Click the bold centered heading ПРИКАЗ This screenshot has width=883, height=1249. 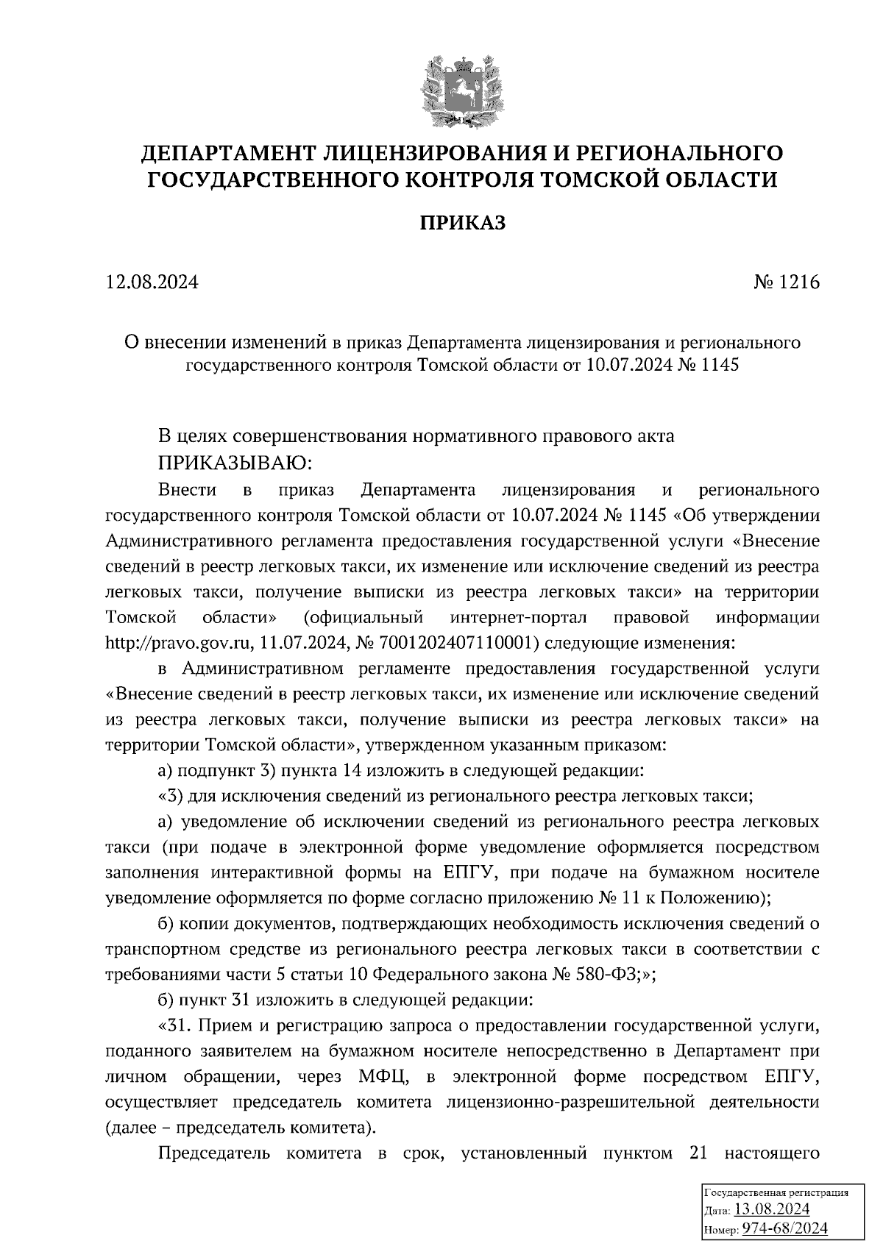point(463,223)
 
